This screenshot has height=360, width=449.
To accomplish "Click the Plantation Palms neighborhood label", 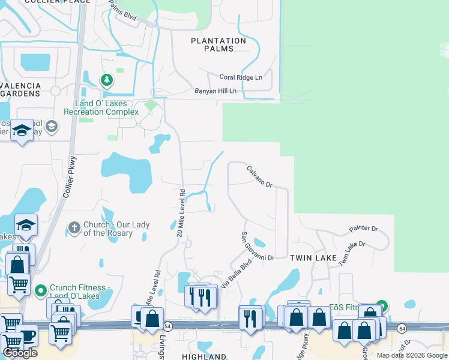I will coord(218,44).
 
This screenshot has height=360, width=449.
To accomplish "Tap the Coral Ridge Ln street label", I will coord(241,77).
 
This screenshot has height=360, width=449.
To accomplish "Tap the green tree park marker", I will coord(106,79).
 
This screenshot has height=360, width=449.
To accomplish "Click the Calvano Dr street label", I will coord(259,177).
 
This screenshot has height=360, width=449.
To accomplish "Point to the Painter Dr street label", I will coord(364,229).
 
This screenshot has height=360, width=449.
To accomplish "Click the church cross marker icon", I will coord(74,227).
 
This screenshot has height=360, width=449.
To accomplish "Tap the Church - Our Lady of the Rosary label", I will coord(108,229).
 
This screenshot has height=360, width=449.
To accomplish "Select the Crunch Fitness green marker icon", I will coord(41,291).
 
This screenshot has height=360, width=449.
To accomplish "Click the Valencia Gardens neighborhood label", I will coord(20,89).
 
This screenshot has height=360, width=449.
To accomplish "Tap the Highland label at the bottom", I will coord(204,356).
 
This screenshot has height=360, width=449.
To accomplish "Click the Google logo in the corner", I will coord(20,353).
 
